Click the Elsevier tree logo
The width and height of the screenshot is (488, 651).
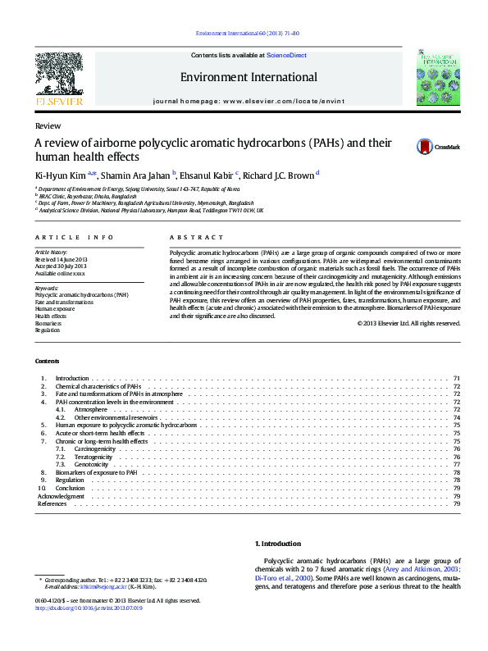tap(58, 75)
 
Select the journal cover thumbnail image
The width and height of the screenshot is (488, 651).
tap(437, 75)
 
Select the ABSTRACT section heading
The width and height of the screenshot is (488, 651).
tap(185, 237)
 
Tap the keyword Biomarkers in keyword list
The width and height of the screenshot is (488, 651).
tap(48, 323)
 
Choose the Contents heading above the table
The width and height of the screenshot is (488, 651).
tap(47, 361)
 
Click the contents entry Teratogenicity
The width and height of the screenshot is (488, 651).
tap(95, 457)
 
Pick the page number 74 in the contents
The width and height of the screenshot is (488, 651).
tap(456, 417)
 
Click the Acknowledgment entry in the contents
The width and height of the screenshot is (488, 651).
tap(61, 496)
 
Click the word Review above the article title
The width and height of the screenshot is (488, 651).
tap(47, 126)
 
